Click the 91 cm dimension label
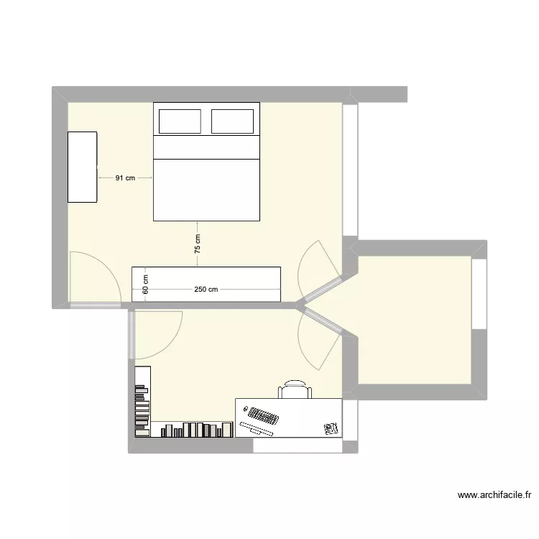(x=125, y=178)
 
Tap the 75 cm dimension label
(x=198, y=244)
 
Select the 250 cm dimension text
(x=206, y=290)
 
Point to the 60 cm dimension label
(x=145, y=285)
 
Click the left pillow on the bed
(x=180, y=121)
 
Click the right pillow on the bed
(x=233, y=121)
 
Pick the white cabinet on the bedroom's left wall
(x=82, y=167)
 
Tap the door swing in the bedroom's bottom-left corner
(x=93, y=279)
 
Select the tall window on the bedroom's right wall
(x=350, y=170)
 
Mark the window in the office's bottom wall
(x=298, y=446)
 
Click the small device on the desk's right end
(x=331, y=428)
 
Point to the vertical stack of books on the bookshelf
(x=142, y=407)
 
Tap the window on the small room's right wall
(x=479, y=293)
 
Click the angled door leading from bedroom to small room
(x=318, y=269)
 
